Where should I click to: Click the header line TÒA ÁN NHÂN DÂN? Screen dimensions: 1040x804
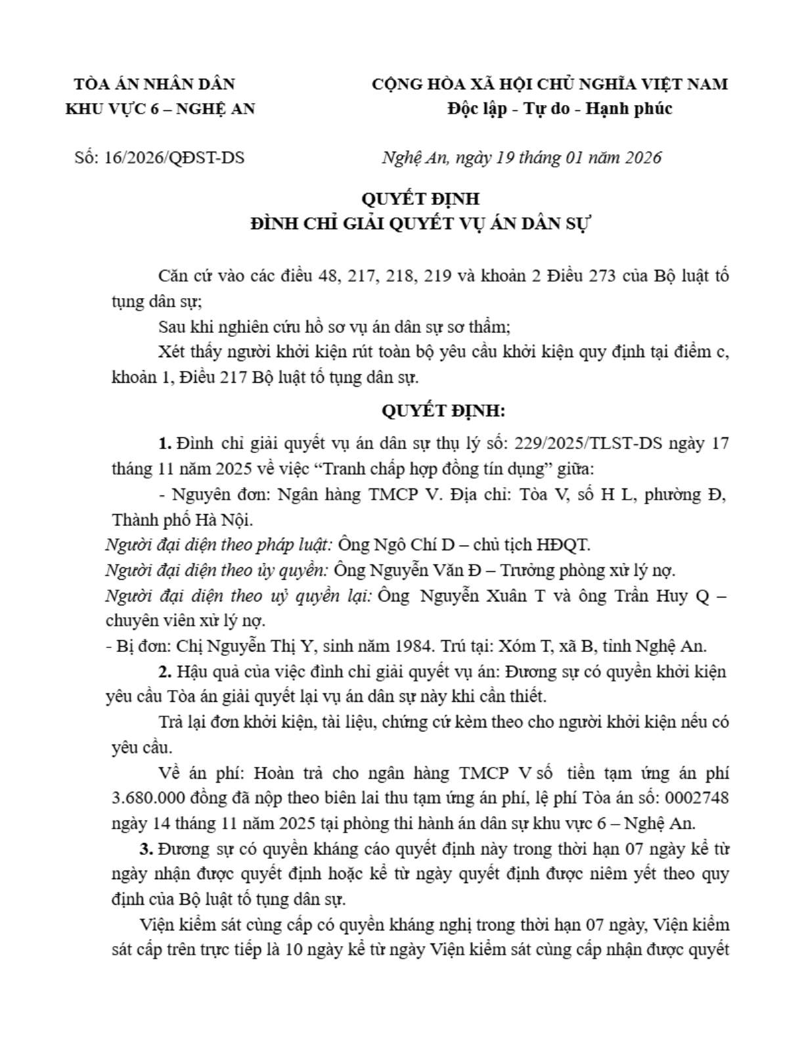click(x=154, y=84)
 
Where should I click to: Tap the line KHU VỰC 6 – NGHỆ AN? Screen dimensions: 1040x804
click(x=160, y=109)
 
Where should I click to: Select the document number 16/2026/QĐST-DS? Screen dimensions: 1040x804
click(x=174, y=158)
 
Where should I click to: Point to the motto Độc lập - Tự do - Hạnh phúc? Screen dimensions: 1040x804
click(x=560, y=109)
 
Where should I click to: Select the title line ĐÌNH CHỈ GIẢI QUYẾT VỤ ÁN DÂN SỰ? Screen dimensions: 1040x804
click(x=422, y=224)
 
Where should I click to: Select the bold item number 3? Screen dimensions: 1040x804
click(x=146, y=849)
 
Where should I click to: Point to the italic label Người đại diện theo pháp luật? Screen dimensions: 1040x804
click(x=221, y=544)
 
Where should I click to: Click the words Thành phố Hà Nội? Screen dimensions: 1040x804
click(x=182, y=520)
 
